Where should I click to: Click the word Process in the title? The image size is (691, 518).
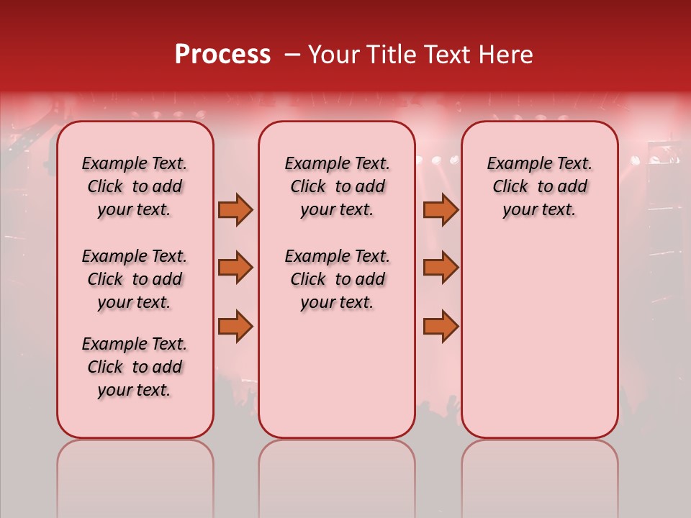tap(222, 55)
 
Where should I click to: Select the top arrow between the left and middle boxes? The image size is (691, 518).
tap(235, 210)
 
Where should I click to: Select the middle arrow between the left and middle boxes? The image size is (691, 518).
tap(235, 268)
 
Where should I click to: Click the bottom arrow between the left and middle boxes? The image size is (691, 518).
tap(235, 327)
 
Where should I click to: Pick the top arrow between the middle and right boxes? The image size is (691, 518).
tap(441, 210)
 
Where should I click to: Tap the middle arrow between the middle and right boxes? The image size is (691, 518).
tap(441, 268)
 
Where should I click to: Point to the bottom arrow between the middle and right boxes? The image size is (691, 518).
tap(441, 327)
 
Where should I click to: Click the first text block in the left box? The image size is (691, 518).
tap(135, 186)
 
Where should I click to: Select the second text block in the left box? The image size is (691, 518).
tap(135, 279)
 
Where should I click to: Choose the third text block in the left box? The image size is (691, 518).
tap(135, 367)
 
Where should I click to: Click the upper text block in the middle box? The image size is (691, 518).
tap(337, 186)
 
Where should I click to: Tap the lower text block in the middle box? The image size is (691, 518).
tap(337, 279)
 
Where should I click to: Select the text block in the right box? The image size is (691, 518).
tap(539, 186)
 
